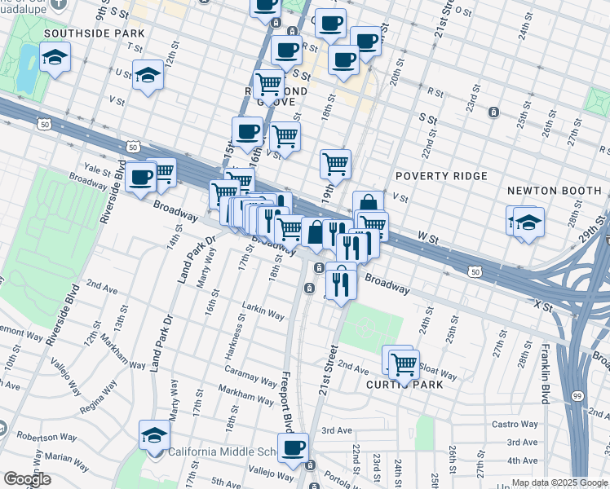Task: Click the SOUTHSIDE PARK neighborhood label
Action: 95,33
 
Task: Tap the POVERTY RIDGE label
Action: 441,176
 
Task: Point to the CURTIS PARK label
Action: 404,384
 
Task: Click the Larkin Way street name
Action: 263,315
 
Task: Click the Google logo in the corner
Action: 27,479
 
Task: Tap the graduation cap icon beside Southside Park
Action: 55,57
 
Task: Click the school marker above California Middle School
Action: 154,436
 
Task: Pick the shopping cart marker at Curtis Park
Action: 403,363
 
